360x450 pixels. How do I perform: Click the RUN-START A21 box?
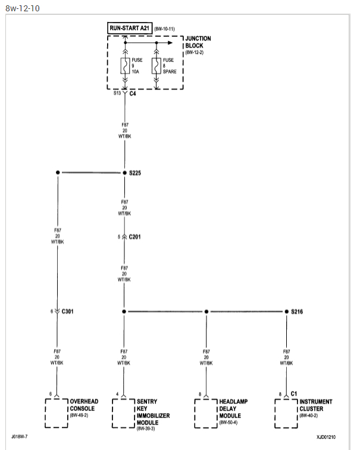click(129, 28)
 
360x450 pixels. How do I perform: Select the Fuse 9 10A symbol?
click(124, 65)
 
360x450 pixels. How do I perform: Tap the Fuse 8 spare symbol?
click(156, 65)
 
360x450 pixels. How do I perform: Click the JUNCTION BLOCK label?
click(198, 42)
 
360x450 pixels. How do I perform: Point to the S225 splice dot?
click(124, 172)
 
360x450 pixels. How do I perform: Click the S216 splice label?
click(298, 311)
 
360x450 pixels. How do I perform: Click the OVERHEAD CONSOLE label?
click(84, 405)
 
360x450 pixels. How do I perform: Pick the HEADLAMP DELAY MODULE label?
click(233, 408)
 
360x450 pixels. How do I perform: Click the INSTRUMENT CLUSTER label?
click(316, 405)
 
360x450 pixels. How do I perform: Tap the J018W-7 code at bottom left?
click(19, 436)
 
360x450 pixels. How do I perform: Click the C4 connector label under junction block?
click(133, 93)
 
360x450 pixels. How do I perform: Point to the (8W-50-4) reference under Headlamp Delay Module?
click(229, 423)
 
